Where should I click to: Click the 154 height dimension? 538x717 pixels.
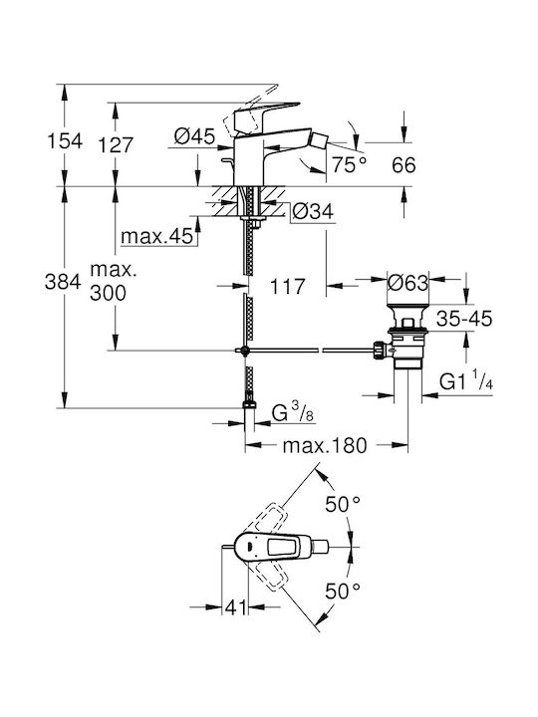[x=65, y=141]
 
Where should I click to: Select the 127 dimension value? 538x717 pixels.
[x=116, y=145]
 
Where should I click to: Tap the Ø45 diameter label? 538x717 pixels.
[x=195, y=135]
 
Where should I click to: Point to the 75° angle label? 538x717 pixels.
[x=350, y=164]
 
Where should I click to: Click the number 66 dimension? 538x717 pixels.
[x=403, y=165]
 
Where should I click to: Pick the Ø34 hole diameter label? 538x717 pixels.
[x=313, y=212]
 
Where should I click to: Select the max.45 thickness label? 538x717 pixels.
[x=157, y=236]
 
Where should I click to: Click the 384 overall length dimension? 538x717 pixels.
[x=63, y=282]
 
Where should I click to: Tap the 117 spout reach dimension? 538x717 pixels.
[x=287, y=287]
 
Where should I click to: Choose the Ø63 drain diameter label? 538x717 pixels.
[x=408, y=283]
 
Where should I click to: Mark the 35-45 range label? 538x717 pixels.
[x=464, y=319]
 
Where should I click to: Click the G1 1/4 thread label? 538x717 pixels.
[x=466, y=381]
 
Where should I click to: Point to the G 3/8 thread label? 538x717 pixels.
[x=292, y=413]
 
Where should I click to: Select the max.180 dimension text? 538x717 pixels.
[x=325, y=445]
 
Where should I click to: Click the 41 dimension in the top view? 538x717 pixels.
[x=235, y=607]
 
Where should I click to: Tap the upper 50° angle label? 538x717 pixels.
[x=343, y=504]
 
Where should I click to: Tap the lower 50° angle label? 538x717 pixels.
[x=343, y=592]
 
